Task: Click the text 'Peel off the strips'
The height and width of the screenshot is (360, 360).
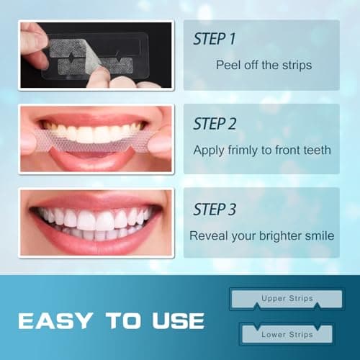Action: pos(264,64)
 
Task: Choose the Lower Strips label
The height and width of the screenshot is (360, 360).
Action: pos(284,335)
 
